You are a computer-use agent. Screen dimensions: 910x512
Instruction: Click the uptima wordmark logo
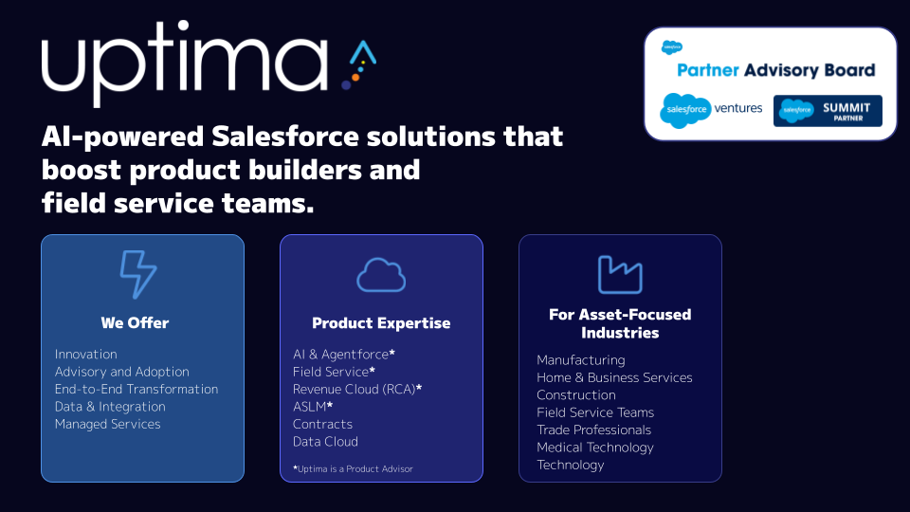(x=185, y=64)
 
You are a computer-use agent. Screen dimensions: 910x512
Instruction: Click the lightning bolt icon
(x=138, y=275)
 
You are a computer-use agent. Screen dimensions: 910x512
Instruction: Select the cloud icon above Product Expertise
(x=381, y=275)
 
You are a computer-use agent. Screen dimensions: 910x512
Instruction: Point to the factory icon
(x=620, y=275)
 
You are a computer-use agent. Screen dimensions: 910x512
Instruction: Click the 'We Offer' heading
(x=135, y=322)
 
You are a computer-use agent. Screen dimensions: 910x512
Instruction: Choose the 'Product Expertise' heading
(x=381, y=323)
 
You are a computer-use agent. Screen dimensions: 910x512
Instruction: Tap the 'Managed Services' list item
(x=107, y=424)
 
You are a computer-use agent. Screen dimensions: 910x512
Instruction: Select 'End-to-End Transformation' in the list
(x=136, y=389)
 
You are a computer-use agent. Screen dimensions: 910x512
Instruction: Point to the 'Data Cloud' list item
(x=325, y=441)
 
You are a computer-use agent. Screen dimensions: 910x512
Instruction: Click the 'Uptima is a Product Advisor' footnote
(x=355, y=468)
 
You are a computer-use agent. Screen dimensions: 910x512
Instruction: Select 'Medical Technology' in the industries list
(x=595, y=447)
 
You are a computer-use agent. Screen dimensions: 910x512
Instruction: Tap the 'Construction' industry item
(x=575, y=394)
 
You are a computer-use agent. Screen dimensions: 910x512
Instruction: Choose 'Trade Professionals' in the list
(x=593, y=430)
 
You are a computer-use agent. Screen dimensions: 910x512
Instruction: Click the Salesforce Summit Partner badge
(x=828, y=110)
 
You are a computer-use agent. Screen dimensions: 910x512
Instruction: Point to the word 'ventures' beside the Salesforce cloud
(x=738, y=108)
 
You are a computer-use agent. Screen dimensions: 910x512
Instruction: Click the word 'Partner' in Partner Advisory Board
(x=707, y=70)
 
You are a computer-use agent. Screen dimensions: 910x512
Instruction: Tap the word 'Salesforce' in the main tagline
(x=285, y=137)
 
